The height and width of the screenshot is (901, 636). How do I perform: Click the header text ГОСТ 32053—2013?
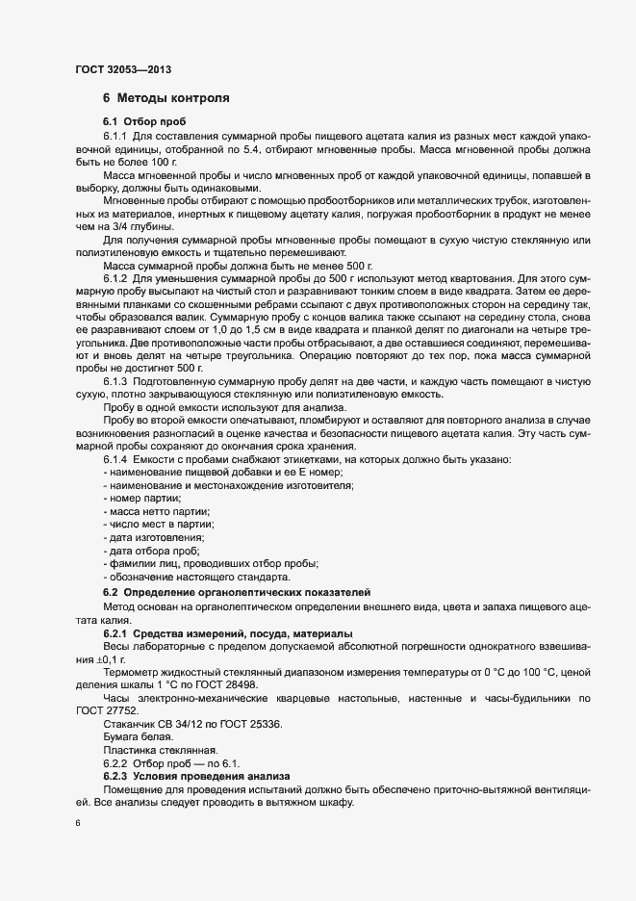click(x=123, y=69)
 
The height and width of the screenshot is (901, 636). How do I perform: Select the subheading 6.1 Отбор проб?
click(x=144, y=122)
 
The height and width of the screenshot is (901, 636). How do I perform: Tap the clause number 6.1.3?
click(x=116, y=381)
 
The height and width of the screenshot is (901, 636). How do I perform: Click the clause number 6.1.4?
click(x=116, y=459)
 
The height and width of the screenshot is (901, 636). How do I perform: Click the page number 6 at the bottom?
click(x=77, y=824)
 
